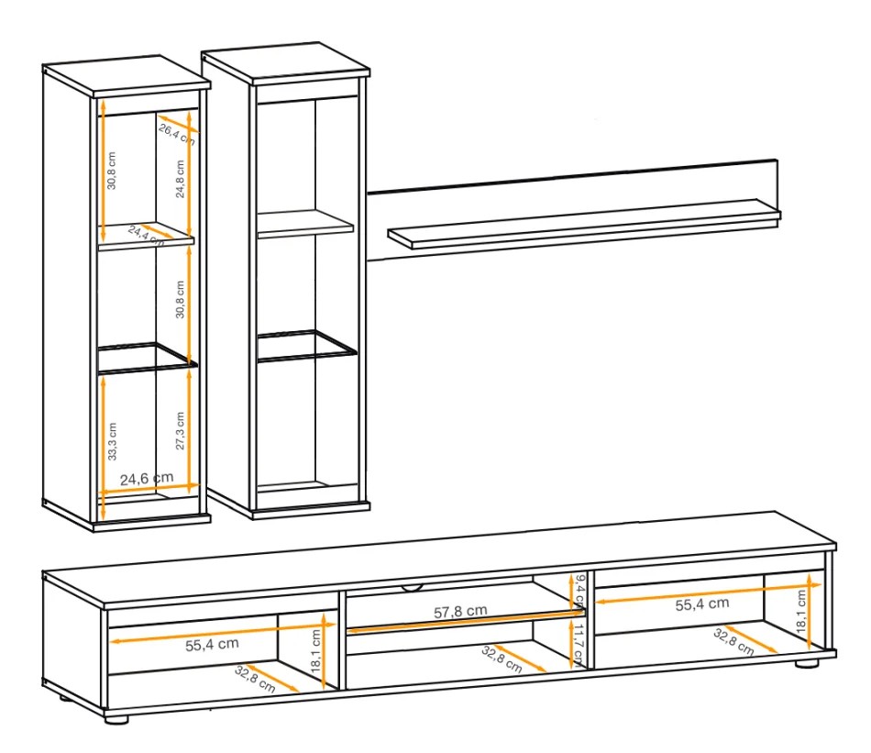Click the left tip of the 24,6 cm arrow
point(99,493)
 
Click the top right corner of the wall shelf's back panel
point(777,161)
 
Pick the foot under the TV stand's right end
point(807,662)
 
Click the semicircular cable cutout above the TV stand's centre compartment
point(412,587)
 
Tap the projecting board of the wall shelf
point(584,225)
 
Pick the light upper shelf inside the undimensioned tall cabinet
point(305,224)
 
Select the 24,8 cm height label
point(180,179)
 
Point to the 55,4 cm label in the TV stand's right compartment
point(702,604)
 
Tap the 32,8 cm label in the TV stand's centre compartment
point(502,659)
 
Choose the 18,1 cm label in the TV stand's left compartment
point(316,651)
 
